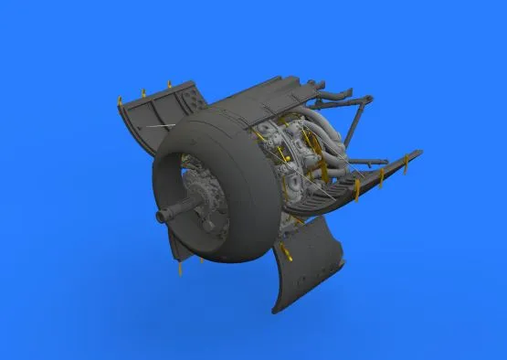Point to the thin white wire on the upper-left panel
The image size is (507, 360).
(x=164, y=123)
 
